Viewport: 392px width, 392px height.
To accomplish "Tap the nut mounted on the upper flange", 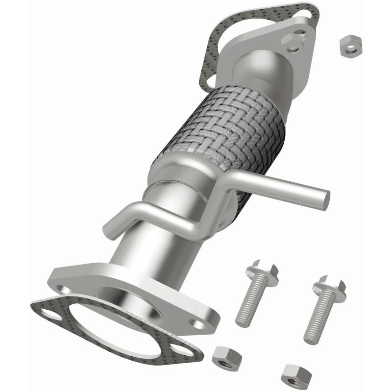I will click(x=295, y=41).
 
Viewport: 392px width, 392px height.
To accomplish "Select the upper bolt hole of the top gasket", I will click(x=308, y=15).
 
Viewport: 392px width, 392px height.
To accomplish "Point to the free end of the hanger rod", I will click(x=323, y=199).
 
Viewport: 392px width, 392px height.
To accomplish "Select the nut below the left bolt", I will click(x=227, y=357).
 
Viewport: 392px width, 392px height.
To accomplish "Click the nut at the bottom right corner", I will click(x=296, y=376).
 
